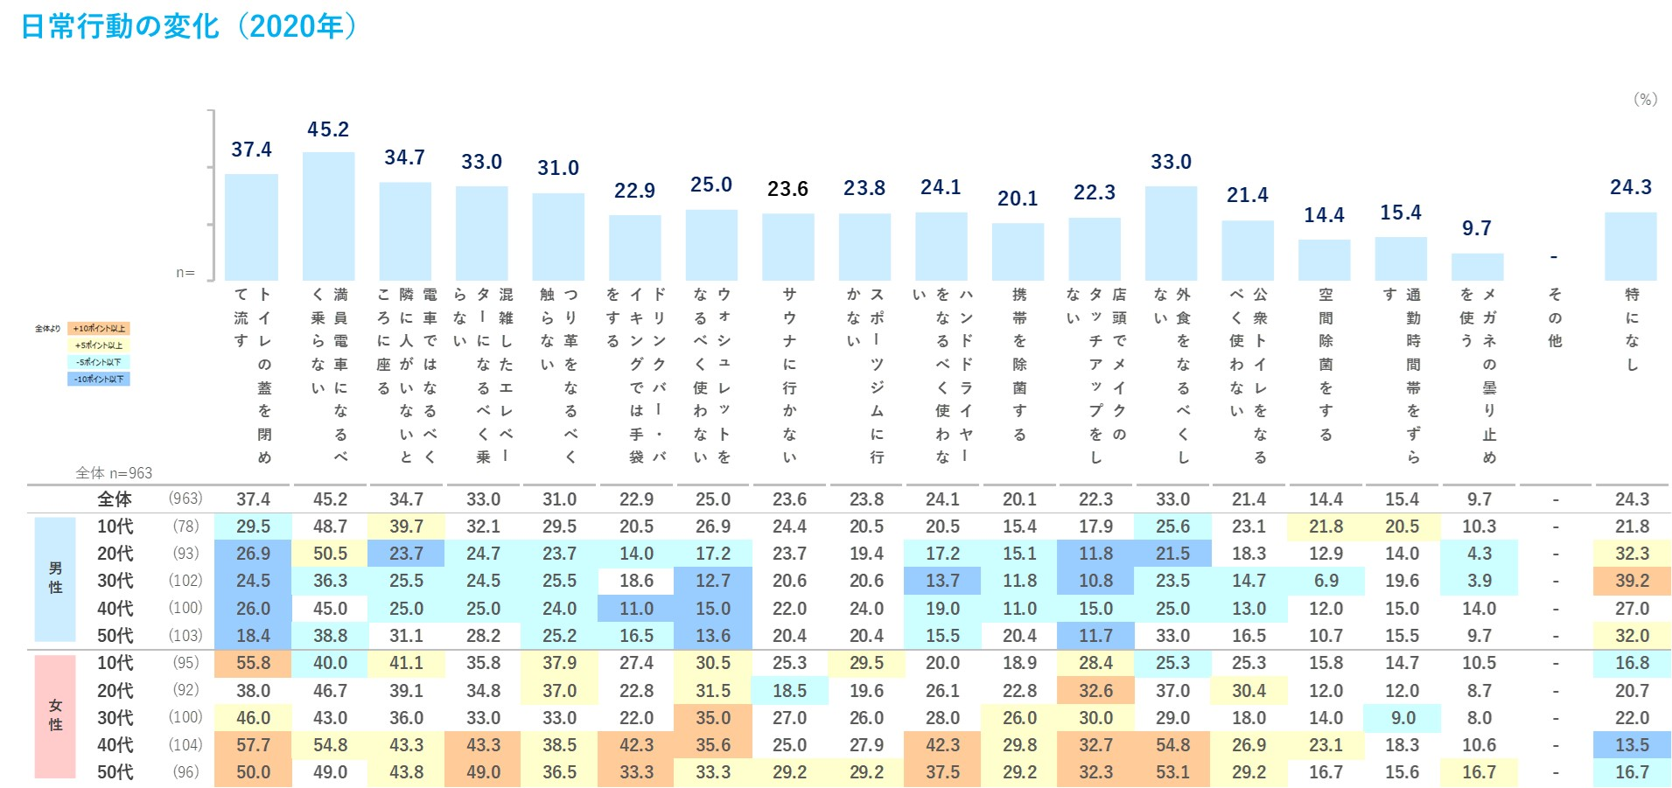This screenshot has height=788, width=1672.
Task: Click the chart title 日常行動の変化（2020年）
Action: [189, 26]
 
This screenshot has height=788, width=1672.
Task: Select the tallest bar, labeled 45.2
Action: [328, 216]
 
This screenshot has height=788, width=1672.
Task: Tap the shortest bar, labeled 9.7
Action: [1477, 267]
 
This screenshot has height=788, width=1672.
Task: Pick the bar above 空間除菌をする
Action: [1324, 260]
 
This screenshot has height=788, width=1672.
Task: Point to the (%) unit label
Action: [1645, 99]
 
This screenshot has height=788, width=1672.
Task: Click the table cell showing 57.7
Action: [253, 745]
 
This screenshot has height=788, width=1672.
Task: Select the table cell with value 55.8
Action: [253, 663]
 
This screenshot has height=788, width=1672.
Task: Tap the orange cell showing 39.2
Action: [1632, 581]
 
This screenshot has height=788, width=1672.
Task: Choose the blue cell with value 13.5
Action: [1632, 745]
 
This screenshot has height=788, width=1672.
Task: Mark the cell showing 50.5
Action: [330, 554]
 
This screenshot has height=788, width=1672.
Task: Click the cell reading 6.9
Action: [1326, 581]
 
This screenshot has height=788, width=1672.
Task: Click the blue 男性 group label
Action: [55, 578]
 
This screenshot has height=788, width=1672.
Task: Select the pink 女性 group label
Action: [55, 715]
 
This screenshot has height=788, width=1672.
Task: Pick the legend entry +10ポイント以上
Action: [99, 329]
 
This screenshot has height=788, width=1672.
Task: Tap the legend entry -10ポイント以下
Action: [99, 379]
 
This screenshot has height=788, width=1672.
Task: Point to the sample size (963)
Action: [185, 499]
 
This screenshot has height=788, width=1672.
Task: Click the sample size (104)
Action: [185, 745]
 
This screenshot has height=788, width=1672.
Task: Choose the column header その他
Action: [1554, 317]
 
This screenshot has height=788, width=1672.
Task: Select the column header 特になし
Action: [1632, 329]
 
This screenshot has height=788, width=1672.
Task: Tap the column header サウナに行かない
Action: [789, 376]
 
